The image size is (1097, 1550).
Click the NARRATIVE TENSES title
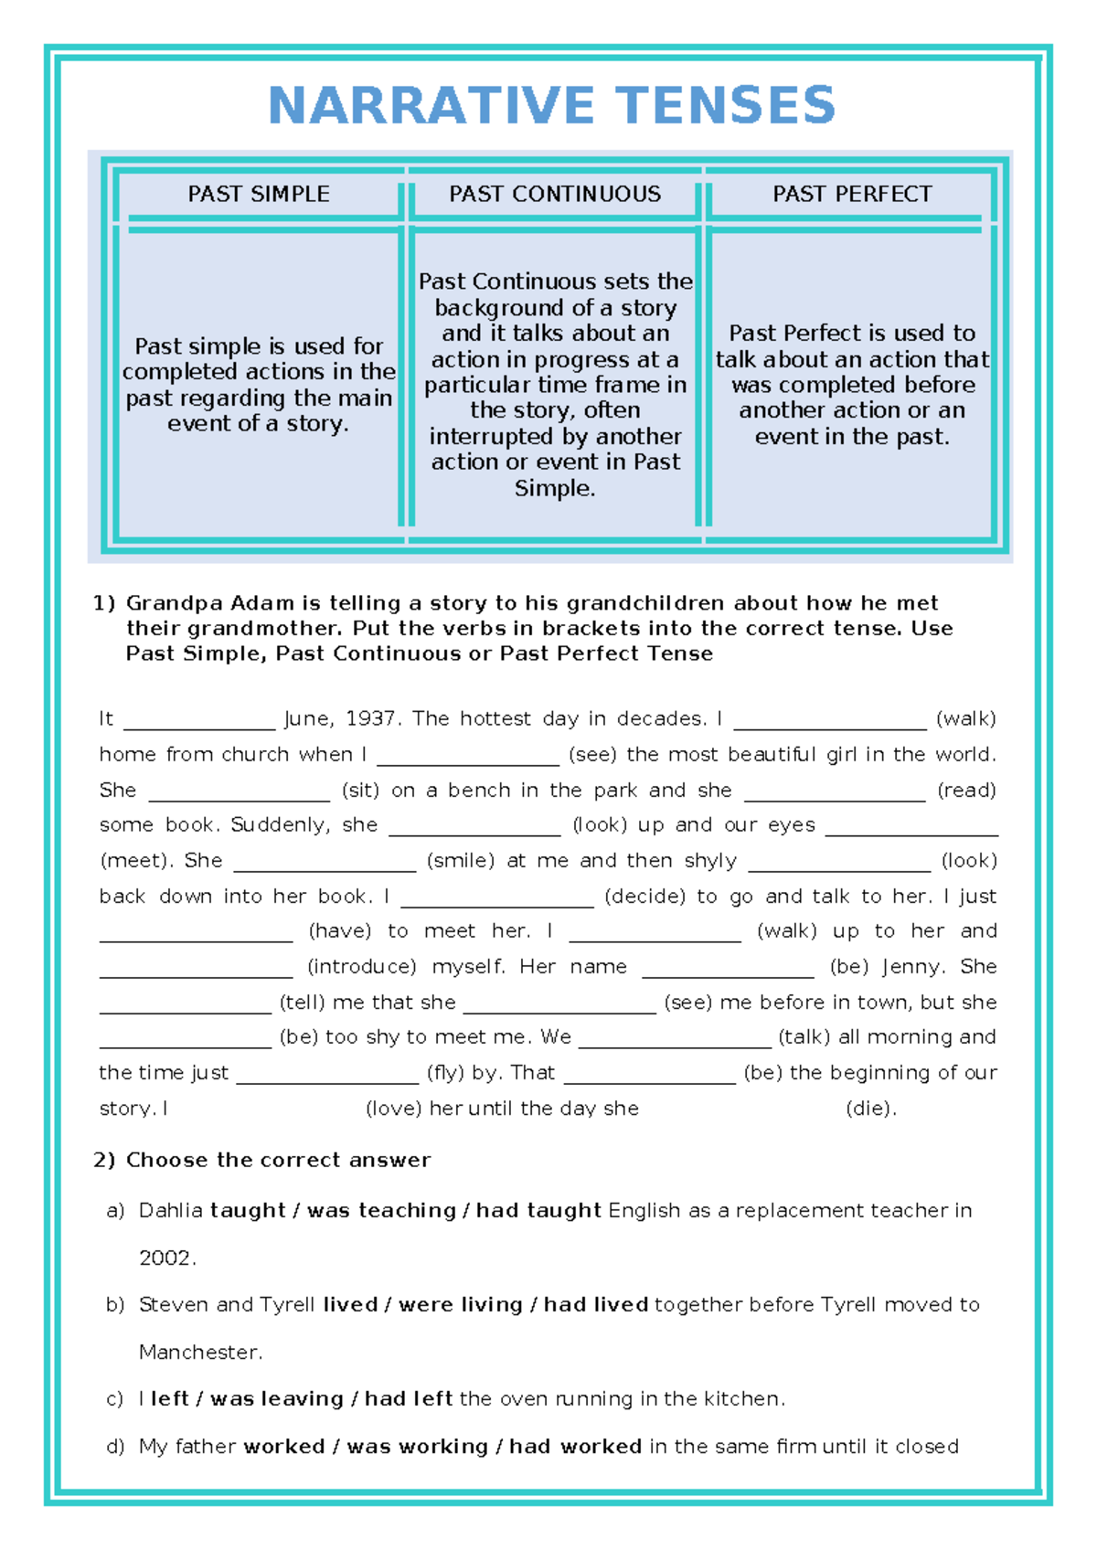(x=551, y=105)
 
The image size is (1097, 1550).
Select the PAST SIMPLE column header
(x=259, y=194)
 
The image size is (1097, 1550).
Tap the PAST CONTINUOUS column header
(x=555, y=194)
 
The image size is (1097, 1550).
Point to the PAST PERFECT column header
(x=852, y=194)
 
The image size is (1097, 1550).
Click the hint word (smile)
(x=461, y=861)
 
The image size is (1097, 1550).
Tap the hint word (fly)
(x=445, y=1073)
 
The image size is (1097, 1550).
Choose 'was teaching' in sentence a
(x=381, y=1211)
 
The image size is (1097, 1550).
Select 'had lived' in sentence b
(x=596, y=1305)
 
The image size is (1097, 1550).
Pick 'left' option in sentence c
(x=169, y=1399)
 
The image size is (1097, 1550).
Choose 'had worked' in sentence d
(x=575, y=1447)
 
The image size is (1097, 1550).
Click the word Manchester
(x=200, y=1353)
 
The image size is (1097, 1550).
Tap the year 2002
(x=166, y=1258)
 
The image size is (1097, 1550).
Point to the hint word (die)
(x=870, y=1109)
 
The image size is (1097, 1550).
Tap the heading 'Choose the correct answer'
(x=278, y=1161)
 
